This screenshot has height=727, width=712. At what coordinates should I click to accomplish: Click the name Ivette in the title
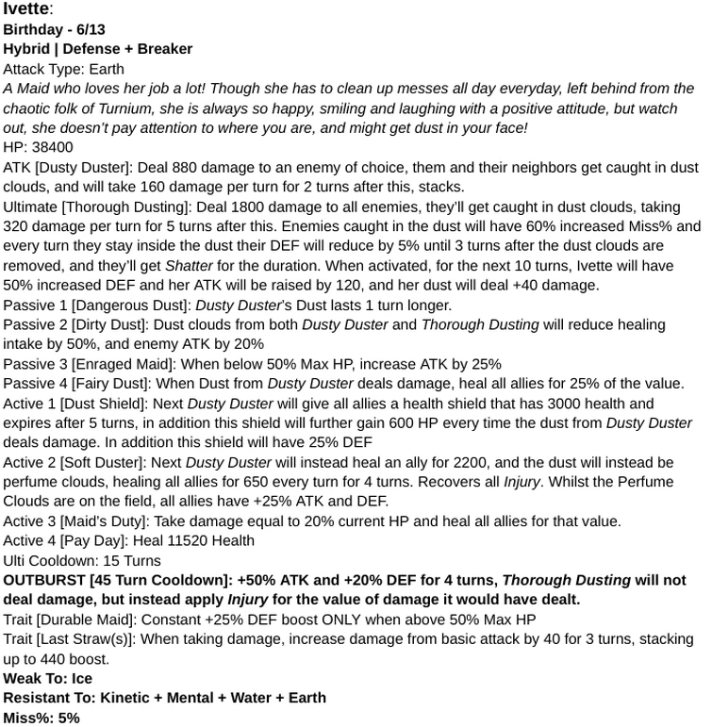(x=25, y=10)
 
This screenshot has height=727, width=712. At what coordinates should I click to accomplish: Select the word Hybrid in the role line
(x=27, y=49)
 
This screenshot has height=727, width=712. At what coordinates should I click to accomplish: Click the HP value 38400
(x=51, y=147)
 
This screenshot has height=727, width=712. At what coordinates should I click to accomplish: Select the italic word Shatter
(x=190, y=266)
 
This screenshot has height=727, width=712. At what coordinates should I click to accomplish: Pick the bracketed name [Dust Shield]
(x=109, y=404)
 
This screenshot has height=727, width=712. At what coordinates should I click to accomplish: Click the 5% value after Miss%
(x=67, y=719)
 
